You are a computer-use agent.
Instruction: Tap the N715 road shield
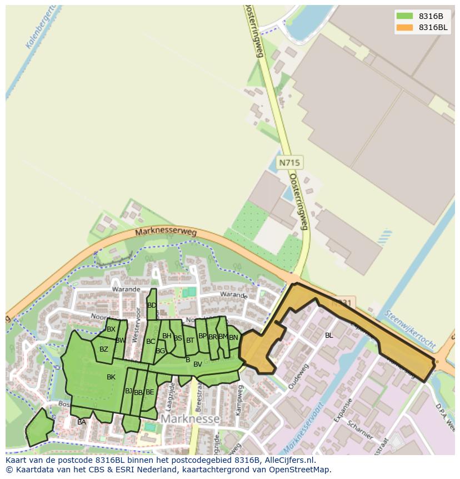click(x=289, y=162)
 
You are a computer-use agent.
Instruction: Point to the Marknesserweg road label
click(x=166, y=232)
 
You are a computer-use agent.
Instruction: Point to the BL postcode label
click(x=329, y=335)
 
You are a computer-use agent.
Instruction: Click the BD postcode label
click(x=152, y=305)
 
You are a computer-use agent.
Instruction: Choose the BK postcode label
click(x=111, y=377)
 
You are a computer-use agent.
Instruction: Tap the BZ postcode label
click(x=104, y=349)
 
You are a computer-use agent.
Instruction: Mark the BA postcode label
click(x=82, y=422)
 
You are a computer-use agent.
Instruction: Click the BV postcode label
click(x=197, y=364)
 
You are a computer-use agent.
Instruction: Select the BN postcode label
click(x=233, y=337)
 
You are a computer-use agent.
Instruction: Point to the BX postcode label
click(x=111, y=329)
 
